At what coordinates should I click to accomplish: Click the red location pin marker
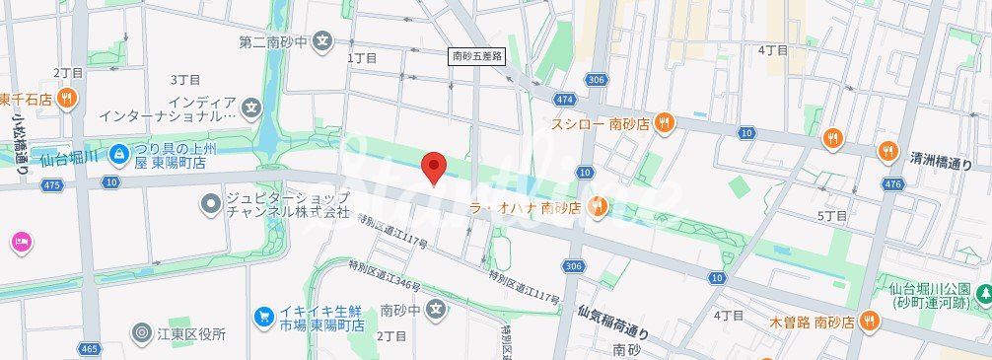click(433, 168)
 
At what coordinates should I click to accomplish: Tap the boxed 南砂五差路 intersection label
click(477, 57)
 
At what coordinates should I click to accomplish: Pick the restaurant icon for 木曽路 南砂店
click(869, 320)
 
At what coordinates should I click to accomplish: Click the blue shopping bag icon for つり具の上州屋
click(118, 153)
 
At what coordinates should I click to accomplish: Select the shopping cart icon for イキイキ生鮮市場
click(263, 316)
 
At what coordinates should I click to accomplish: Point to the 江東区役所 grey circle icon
click(142, 334)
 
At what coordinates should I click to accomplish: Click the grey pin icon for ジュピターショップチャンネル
click(209, 204)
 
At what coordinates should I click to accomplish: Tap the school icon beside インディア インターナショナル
click(252, 108)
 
